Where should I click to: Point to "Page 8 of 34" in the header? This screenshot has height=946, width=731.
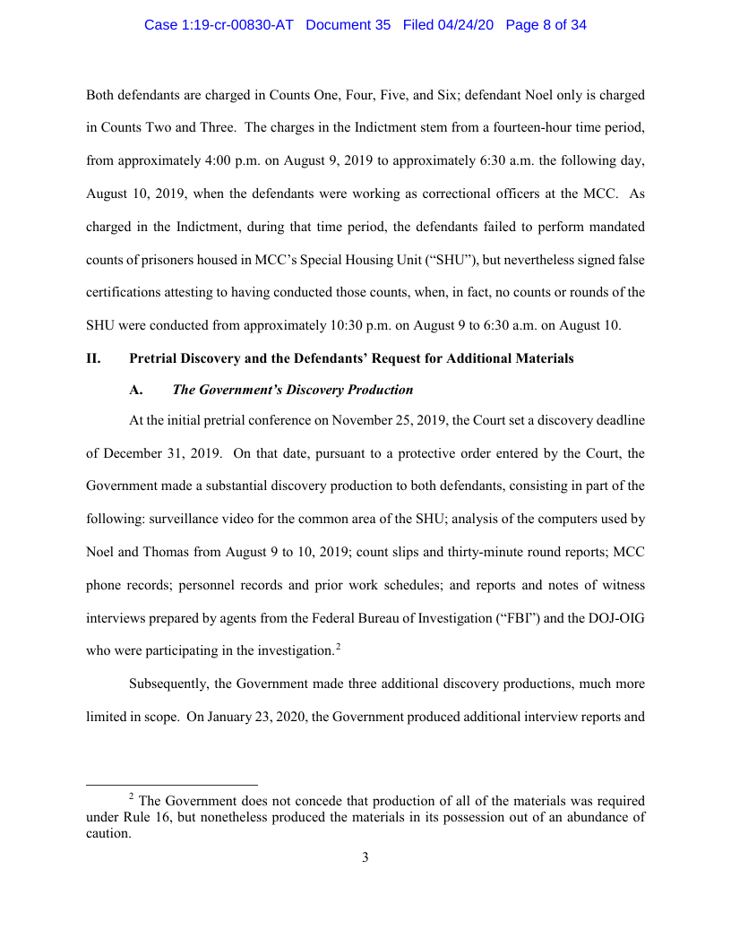pos(546,25)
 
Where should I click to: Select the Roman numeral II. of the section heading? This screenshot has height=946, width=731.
pos(92,358)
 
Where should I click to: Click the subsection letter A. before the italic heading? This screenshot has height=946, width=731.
pos(136,390)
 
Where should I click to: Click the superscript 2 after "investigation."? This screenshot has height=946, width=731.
pos(338,646)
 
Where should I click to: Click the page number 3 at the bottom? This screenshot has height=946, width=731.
pos(365,857)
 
